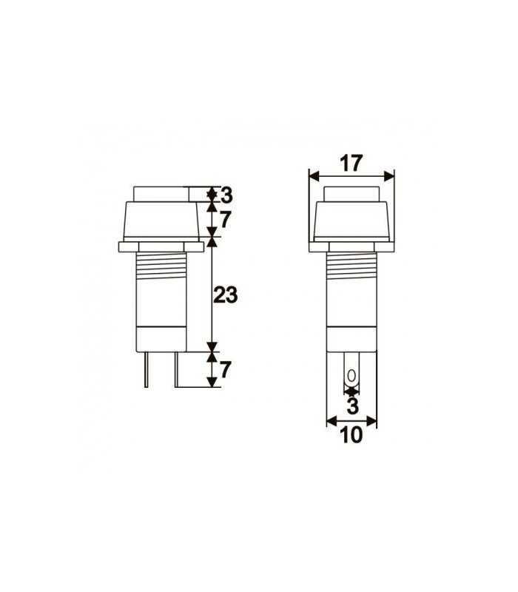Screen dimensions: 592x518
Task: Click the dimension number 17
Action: [351, 163]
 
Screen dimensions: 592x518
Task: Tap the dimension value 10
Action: [351, 435]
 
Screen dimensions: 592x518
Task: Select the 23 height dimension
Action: [224, 295]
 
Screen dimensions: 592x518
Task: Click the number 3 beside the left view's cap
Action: [226, 195]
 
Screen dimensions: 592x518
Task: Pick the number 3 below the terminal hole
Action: [351, 406]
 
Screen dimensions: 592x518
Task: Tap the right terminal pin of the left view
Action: [176, 369]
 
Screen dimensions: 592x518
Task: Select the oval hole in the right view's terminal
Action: [351, 375]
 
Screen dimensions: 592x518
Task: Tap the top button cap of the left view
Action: [159, 195]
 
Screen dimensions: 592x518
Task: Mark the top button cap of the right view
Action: [351, 195]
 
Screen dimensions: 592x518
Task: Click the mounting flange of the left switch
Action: [159, 244]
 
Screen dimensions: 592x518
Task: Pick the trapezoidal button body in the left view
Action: [159, 221]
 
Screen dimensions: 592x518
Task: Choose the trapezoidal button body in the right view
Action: [351, 221]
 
